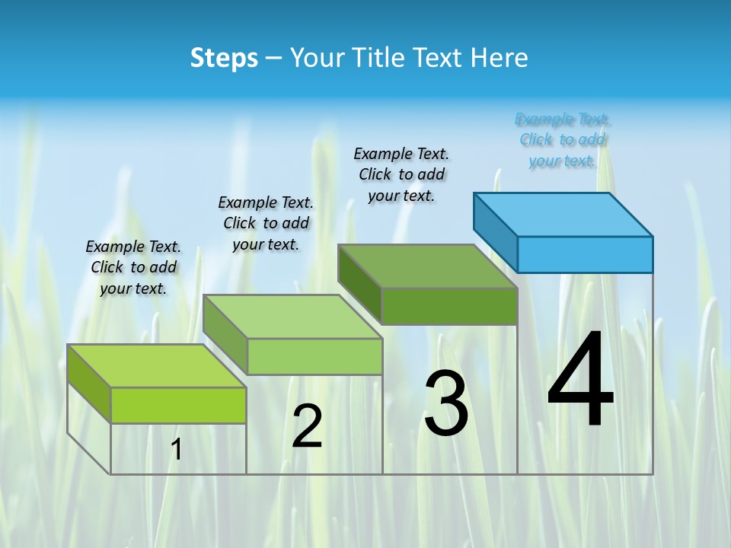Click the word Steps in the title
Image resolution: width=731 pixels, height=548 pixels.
coord(224,58)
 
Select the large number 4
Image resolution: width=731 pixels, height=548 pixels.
coord(580,381)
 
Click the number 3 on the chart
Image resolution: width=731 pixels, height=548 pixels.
coord(446,403)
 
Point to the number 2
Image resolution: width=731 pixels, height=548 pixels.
coord(307,426)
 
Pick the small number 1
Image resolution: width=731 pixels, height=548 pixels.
coord(177,450)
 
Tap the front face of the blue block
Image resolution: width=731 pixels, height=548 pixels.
coord(585,254)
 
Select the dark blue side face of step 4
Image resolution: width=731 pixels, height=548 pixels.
coord(495,228)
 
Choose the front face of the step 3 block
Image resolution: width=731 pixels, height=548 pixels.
coord(449,306)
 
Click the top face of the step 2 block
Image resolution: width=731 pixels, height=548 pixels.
coord(292,317)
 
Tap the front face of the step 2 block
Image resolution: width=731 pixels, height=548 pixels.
coord(314,356)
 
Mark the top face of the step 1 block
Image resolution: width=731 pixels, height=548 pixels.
coord(157,366)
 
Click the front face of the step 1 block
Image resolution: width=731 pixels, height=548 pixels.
coord(178,405)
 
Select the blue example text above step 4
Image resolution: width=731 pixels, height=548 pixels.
coord(563,140)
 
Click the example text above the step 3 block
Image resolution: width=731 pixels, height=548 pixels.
coord(401,174)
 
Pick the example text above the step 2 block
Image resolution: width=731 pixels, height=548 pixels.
coord(266,223)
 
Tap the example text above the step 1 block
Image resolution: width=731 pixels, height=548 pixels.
coord(133,267)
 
